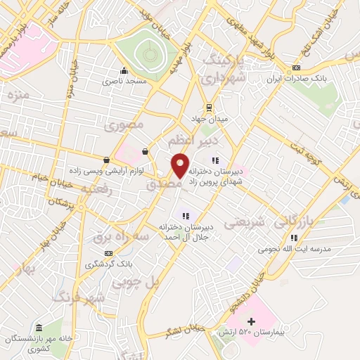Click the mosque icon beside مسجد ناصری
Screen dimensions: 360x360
[124, 70]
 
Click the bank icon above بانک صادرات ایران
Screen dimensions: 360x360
[296, 67]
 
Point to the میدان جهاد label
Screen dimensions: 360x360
[213, 120]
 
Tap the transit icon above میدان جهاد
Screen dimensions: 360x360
[208, 107]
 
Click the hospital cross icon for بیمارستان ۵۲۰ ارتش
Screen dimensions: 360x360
[251, 322]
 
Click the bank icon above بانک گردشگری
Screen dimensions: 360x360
[108, 252]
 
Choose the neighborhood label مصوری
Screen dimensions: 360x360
[124, 126]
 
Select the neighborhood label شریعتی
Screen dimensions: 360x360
[245, 223]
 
